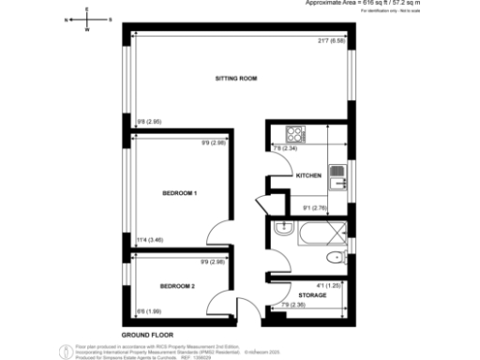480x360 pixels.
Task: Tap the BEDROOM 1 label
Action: click(179, 194)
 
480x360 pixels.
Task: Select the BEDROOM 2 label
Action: click(177, 285)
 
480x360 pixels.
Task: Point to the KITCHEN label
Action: click(309, 175)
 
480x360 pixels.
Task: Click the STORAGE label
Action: click(313, 295)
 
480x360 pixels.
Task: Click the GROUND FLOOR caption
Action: click(147, 334)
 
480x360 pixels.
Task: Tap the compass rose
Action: click(86, 19)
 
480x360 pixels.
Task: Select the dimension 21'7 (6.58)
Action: click(333, 40)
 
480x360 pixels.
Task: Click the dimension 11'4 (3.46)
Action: click(149, 240)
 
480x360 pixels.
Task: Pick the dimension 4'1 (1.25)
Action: click(328, 285)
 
